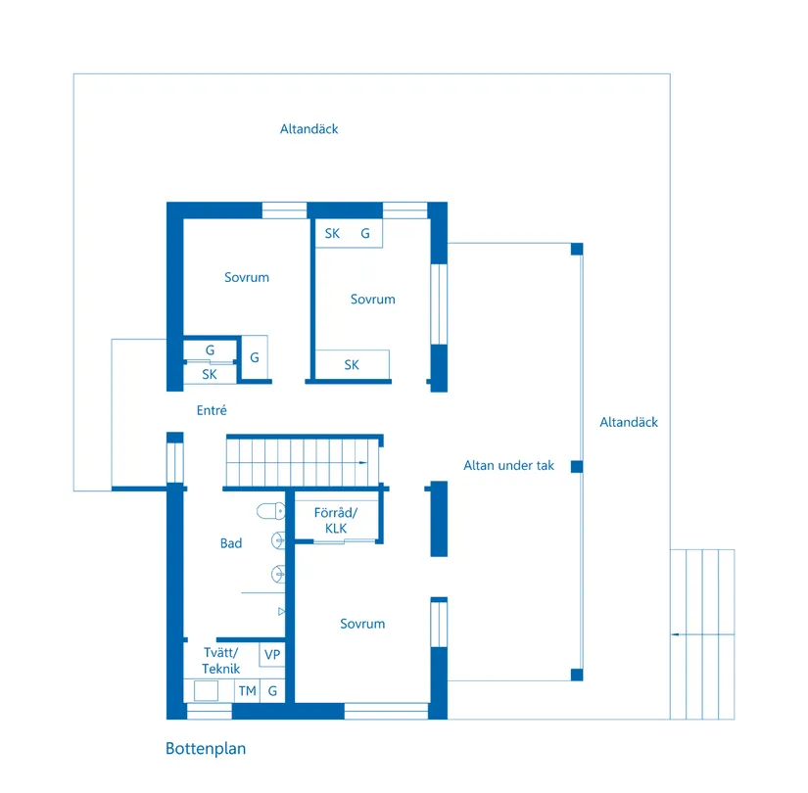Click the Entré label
pyautogui.click(x=212, y=411)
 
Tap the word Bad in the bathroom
pyautogui.click(x=231, y=543)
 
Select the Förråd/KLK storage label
pyautogui.click(x=335, y=521)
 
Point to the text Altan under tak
pyautogui.click(x=508, y=466)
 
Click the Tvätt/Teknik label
pyautogui.click(x=220, y=661)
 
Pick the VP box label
pyautogui.click(x=272, y=654)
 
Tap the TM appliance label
pyautogui.click(x=247, y=691)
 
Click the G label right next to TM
pyautogui.click(x=272, y=691)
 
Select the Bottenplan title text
pyautogui.click(x=206, y=749)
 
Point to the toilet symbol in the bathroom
pyautogui.click(x=270, y=510)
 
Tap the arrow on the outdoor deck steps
pyautogui.click(x=674, y=634)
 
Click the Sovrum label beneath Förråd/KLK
pyautogui.click(x=362, y=624)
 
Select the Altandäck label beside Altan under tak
pyautogui.click(x=629, y=423)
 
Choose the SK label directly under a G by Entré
pyautogui.click(x=210, y=374)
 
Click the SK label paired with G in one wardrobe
pyautogui.click(x=332, y=234)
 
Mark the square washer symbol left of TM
pyautogui.click(x=206, y=691)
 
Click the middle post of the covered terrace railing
pyautogui.click(x=577, y=466)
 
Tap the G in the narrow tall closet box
pyautogui.click(x=255, y=357)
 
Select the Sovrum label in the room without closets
pyautogui.click(x=246, y=278)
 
